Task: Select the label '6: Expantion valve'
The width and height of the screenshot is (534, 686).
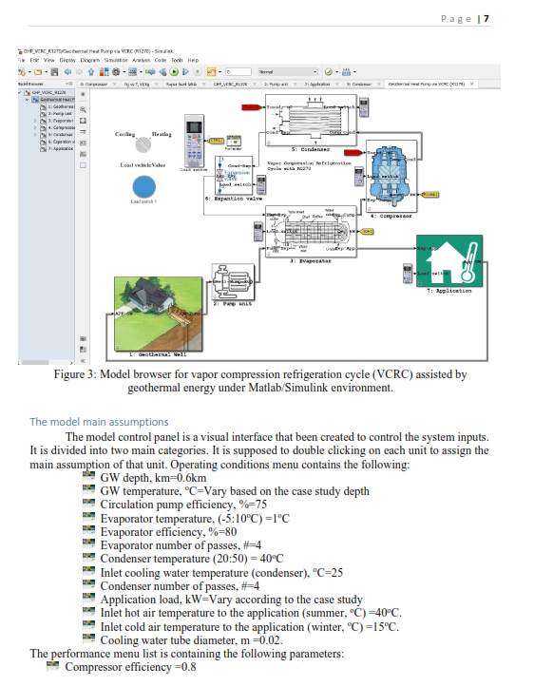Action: [233, 199]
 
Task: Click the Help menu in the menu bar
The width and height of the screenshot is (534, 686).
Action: [191, 59]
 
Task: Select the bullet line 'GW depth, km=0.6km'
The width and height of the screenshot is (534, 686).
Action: [153, 478]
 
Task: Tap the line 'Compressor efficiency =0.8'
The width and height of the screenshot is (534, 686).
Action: [131, 667]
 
